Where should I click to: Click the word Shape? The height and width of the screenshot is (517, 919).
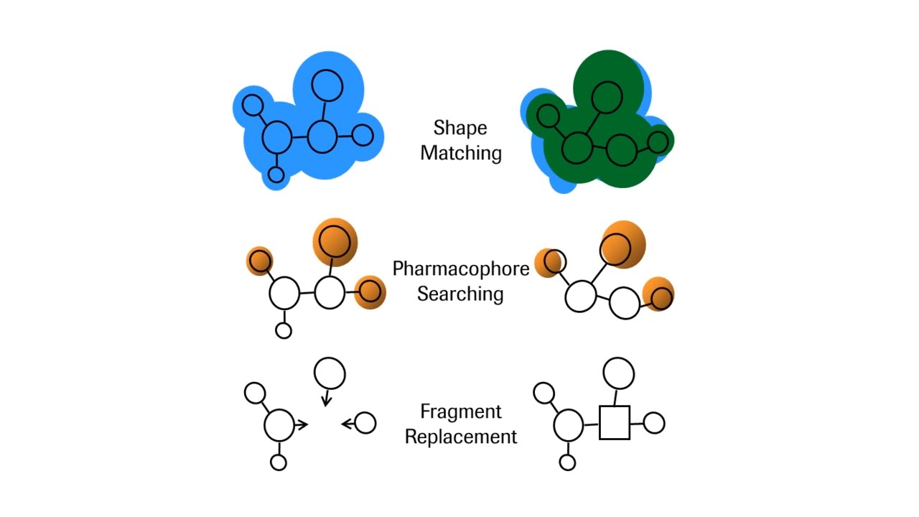click(x=460, y=129)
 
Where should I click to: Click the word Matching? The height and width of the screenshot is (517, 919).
click(x=461, y=153)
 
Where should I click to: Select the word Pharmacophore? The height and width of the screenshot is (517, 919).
click(x=460, y=269)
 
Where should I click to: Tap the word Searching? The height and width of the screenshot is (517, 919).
click(x=460, y=294)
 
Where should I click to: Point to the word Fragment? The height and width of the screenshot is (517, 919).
click(x=460, y=412)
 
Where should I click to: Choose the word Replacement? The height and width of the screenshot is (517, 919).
click(x=460, y=437)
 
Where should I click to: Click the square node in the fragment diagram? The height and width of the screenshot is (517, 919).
click(x=614, y=423)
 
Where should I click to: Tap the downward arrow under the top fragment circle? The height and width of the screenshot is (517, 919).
click(x=326, y=398)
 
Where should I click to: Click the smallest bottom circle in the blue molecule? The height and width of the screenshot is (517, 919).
click(x=276, y=174)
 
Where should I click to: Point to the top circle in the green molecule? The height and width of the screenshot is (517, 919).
click(x=607, y=97)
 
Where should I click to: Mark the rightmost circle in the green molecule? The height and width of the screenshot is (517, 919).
click(x=658, y=141)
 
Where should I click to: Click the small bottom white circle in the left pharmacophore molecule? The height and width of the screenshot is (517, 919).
click(x=284, y=330)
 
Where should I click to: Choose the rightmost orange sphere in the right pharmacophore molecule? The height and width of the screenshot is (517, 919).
click(x=659, y=295)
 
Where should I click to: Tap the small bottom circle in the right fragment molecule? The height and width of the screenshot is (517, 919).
click(x=567, y=462)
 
